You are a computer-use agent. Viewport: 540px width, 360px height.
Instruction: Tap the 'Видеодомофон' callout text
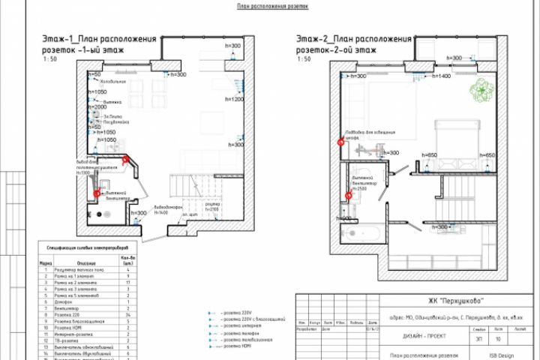(166, 208)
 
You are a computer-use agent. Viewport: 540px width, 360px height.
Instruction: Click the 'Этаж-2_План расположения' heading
(353, 37)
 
